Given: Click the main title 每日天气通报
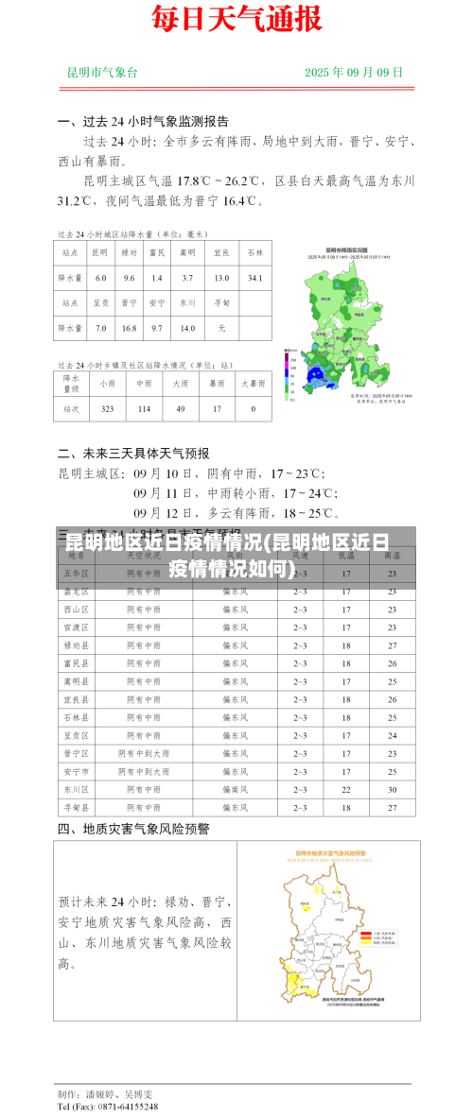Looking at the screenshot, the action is (x=236, y=19).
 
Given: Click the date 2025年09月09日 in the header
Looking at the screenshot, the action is (x=354, y=72).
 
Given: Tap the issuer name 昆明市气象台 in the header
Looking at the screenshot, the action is (x=102, y=72).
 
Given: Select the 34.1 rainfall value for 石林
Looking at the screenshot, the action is (x=254, y=278).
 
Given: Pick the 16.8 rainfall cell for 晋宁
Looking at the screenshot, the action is (x=129, y=328).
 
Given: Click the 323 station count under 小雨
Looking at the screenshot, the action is (x=107, y=408).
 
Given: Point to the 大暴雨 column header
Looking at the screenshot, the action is (x=253, y=384).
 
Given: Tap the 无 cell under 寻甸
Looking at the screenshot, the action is (x=221, y=328).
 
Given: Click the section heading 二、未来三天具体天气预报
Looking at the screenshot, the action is (x=133, y=453).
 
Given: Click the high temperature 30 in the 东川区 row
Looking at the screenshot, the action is (x=392, y=789).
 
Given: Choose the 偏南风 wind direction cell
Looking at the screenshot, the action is (x=235, y=789).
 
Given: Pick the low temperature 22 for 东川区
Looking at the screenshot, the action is (x=346, y=789).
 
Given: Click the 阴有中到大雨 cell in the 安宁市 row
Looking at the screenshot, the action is (x=144, y=771).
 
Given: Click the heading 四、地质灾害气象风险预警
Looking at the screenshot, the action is (x=133, y=829).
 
